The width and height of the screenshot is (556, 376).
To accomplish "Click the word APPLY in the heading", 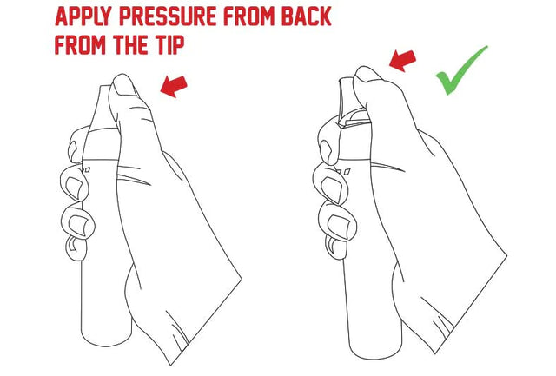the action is (83, 16).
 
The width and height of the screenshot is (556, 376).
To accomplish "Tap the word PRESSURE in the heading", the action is (167, 16).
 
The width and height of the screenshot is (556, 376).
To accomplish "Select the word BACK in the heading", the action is (306, 16).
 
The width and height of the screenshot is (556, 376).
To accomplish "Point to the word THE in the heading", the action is (129, 44).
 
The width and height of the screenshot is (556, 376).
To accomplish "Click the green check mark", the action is (461, 71).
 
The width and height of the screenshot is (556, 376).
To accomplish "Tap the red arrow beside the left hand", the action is (174, 86).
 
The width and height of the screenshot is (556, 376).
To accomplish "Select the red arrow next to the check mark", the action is (402, 61).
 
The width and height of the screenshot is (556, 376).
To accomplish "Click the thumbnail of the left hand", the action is (122, 84).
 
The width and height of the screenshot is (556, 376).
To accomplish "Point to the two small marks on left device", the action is (86, 170).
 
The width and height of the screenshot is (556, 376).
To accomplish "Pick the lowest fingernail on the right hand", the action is (332, 244).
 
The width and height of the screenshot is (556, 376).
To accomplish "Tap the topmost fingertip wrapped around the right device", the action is (327, 148).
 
